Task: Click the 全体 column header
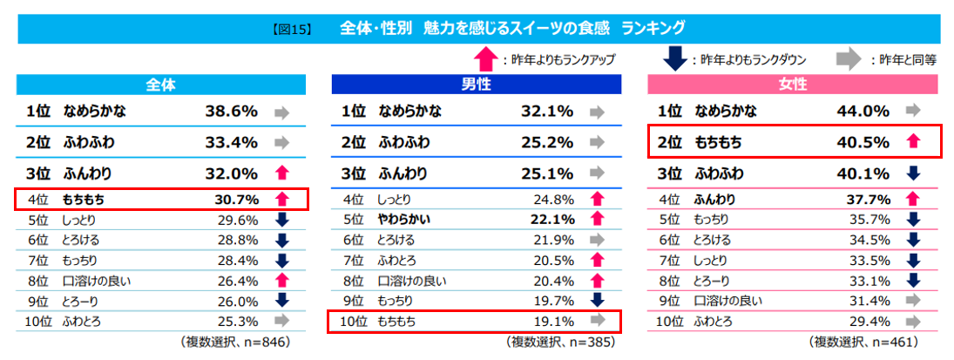point(161,85)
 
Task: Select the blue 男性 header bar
point(476,85)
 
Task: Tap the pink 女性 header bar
point(792,85)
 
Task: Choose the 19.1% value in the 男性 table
point(552,321)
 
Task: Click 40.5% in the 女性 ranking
point(861,141)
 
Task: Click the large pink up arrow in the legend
point(485,58)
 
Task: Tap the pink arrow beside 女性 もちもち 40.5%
point(912,141)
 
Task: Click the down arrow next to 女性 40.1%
point(912,173)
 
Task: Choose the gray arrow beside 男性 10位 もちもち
point(597,321)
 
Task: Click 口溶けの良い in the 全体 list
point(97,281)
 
